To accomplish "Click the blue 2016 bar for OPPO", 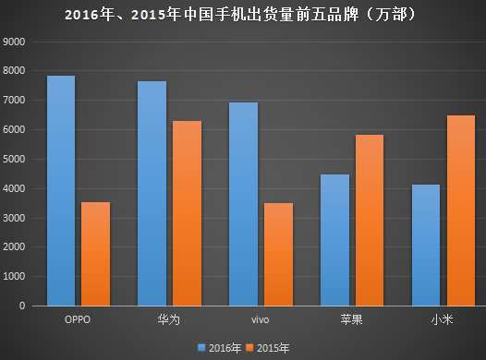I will [61, 190].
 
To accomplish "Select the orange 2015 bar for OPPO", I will [95, 254].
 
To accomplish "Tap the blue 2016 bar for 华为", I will [152, 193].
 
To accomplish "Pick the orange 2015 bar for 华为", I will [186, 213].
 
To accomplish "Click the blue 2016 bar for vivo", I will [242, 204].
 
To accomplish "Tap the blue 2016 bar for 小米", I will [425, 245].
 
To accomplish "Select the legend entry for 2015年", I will [267, 348].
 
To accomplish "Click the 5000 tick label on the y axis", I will [16, 160].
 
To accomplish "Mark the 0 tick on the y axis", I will [24, 306].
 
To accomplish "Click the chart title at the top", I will [243, 15].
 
